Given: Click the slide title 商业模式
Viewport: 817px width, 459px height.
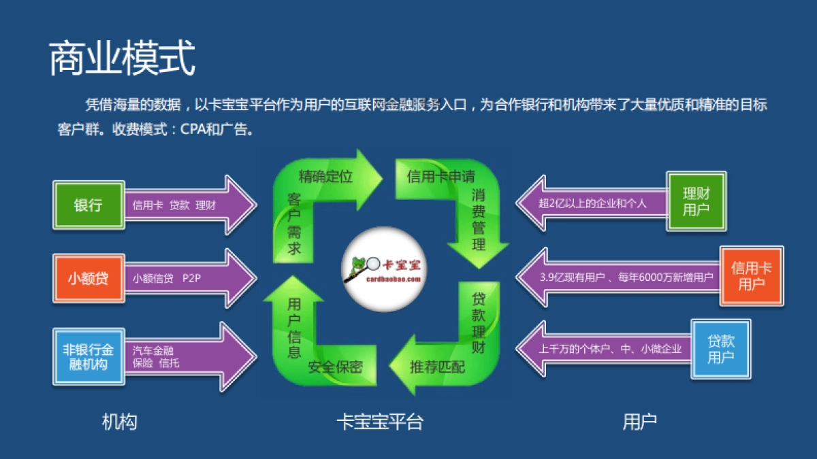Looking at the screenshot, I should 122,58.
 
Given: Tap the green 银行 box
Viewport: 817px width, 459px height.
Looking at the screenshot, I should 89,205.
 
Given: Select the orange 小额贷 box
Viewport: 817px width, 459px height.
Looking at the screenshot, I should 89,278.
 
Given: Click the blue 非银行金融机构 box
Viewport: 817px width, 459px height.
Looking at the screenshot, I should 89,356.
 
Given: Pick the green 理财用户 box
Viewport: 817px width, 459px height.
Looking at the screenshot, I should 696,201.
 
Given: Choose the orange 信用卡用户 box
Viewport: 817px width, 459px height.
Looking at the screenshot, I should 752,275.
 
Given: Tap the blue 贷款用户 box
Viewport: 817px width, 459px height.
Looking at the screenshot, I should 721,349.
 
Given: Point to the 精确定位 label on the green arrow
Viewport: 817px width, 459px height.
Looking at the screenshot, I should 325,177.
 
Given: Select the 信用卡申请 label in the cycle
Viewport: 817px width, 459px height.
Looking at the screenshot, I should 440,177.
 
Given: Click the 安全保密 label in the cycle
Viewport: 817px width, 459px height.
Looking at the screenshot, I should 335,367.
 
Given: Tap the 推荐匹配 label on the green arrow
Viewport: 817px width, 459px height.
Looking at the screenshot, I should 437,367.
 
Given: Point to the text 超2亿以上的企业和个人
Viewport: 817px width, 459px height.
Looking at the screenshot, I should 592,203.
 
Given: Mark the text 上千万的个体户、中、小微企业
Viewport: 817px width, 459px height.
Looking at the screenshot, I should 610,350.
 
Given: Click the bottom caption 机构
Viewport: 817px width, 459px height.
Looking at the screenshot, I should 119,422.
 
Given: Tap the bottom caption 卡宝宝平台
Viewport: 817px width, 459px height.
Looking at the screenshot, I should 379,422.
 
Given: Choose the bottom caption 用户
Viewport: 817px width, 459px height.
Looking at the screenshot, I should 639,422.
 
